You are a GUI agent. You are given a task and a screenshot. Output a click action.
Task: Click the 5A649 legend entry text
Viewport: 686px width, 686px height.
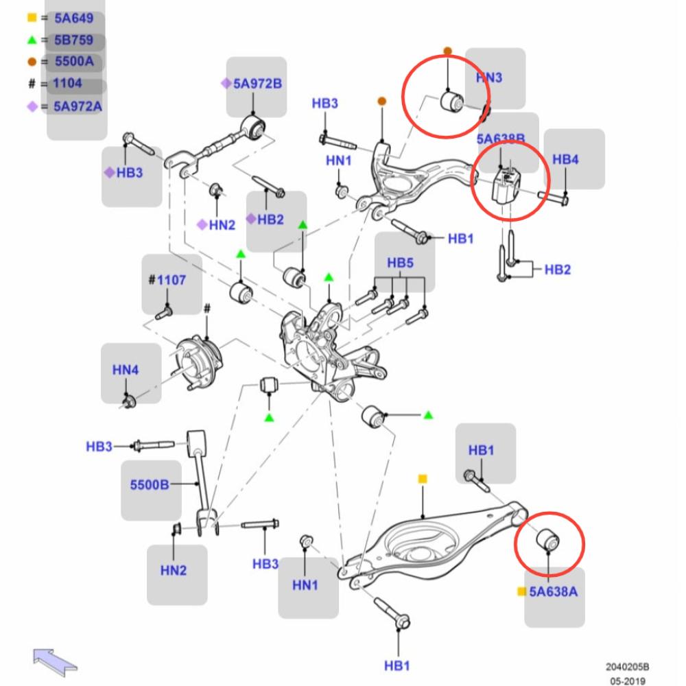tap(73, 19)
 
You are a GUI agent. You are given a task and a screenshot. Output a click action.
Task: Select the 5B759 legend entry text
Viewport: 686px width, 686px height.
tap(73, 40)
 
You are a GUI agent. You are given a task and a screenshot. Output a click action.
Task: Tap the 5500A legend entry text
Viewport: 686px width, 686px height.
tap(73, 62)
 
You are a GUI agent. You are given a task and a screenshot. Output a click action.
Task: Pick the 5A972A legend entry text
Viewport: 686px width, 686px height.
tap(78, 106)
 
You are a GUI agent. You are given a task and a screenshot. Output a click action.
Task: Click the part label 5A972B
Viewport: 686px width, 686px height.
tap(258, 84)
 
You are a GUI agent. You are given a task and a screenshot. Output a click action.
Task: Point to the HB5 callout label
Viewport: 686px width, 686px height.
tap(401, 263)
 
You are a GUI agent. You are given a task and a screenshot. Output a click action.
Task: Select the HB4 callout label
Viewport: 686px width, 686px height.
tap(565, 160)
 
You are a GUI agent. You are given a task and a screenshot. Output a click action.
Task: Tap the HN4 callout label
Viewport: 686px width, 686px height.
tap(126, 370)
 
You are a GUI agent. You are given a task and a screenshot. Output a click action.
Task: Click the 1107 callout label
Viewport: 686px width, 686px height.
tap(170, 280)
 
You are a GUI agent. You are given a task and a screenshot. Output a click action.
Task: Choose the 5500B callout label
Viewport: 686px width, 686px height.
tap(150, 485)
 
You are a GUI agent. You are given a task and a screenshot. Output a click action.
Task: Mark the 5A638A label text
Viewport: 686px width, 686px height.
tap(553, 591)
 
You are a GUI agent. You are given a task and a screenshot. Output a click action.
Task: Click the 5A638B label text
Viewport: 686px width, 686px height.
tap(501, 140)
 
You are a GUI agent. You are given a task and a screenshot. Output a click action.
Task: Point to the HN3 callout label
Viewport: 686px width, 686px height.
tap(488, 78)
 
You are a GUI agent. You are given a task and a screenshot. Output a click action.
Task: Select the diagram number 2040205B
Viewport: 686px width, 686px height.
tap(627, 667)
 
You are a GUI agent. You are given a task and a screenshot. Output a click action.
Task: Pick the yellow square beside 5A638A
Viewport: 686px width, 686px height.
tap(521, 591)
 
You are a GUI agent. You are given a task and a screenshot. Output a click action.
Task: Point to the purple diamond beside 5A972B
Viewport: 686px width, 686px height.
tap(225, 84)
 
